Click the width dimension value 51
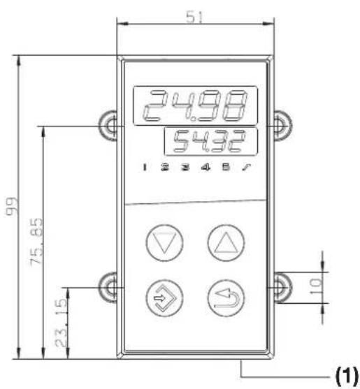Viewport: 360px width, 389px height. tap(194, 17)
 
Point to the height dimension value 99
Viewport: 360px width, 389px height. tap(12, 206)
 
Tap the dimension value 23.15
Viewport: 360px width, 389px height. tap(61, 323)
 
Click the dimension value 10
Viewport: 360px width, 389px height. tap(316, 286)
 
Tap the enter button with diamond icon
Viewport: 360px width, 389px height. tap(164, 298)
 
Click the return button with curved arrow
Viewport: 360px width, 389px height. tap(226, 298)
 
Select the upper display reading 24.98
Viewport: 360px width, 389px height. tap(196, 105)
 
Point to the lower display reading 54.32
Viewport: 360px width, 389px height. tap(210, 141)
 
